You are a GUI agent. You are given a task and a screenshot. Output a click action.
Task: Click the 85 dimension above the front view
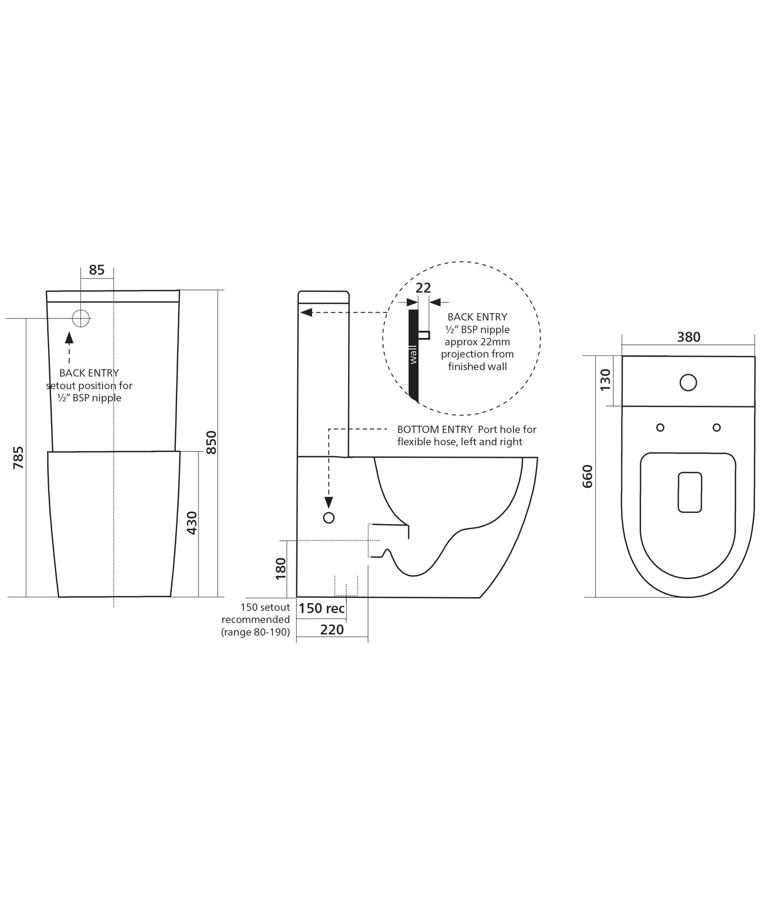97,270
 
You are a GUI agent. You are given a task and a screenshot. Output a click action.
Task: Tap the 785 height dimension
18,458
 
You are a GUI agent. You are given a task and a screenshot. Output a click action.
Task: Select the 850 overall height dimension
211,443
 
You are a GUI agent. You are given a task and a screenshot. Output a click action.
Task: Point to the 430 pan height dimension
192,523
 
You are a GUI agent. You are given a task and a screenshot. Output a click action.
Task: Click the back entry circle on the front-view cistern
81,318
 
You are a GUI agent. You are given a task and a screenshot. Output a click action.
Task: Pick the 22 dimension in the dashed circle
423,288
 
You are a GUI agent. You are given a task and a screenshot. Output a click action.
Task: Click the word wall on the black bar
413,354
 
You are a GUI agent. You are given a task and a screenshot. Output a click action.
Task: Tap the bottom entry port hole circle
328,518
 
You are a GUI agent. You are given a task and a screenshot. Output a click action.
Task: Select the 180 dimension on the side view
281,569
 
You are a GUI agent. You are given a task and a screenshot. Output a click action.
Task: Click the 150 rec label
322,608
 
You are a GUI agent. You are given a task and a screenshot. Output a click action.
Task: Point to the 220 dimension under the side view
332,630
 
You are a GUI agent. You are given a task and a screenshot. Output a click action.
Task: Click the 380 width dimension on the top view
689,337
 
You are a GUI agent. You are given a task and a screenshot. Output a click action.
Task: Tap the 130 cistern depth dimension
606,380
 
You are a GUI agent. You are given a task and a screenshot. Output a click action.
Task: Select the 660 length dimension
588,476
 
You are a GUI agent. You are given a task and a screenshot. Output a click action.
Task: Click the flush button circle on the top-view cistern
689,382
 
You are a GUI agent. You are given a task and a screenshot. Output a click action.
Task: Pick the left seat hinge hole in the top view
660,427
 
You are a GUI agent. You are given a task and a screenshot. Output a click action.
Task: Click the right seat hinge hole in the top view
717,427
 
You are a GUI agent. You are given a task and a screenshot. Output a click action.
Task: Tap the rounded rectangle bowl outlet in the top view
690,492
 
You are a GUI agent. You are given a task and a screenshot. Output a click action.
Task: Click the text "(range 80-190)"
256,632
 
